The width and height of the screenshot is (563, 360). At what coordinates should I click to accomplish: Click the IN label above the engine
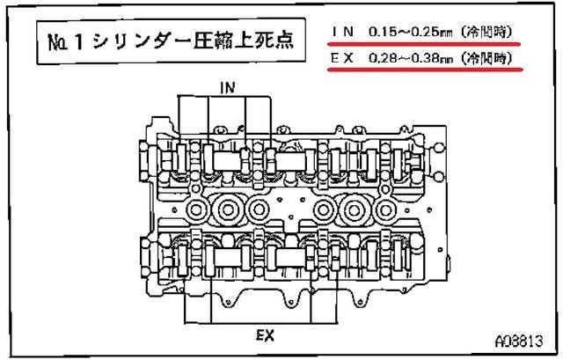[228, 87]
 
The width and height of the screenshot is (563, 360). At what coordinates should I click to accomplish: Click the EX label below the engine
[266, 335]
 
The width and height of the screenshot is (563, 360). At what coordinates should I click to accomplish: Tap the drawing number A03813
[519, 341]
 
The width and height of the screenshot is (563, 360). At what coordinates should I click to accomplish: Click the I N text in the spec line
[343, 32]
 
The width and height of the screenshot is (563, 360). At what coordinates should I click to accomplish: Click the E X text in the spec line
[342, 58]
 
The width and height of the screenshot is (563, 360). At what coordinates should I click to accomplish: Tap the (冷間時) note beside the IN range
[486, 32]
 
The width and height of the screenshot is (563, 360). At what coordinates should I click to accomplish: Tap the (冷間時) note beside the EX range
[486, 58]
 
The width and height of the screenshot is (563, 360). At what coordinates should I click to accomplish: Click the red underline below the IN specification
[424, 44]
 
